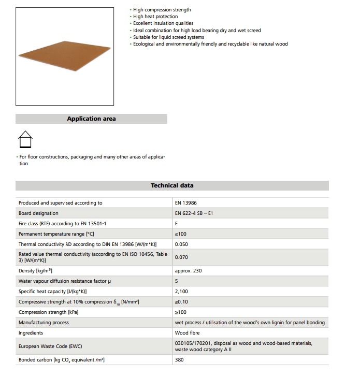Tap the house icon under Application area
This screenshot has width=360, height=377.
[25, 139]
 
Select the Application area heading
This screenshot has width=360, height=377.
[91, 119]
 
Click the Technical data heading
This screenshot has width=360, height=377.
[172, 185]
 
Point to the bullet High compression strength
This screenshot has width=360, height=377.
[162, 10]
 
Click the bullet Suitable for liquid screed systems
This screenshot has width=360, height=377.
[169, 37]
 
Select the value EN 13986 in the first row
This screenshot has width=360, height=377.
[185, 203]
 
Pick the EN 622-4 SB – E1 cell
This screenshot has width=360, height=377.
[194, 213]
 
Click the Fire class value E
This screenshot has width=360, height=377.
[177, 223]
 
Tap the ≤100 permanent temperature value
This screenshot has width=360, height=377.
[181, 234]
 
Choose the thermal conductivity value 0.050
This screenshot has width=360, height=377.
[182, 244]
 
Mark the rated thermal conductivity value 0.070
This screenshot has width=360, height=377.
[182, 257]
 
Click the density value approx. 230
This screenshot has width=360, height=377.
[188, 271]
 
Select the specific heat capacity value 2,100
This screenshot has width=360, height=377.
[182, 292]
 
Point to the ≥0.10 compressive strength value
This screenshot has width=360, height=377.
[182, 302]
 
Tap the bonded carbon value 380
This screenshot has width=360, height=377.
[179, 359]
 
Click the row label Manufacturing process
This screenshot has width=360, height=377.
[44, 323]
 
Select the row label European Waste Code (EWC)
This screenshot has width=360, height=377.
[50, 346]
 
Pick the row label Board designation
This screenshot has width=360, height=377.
[38, 213]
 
